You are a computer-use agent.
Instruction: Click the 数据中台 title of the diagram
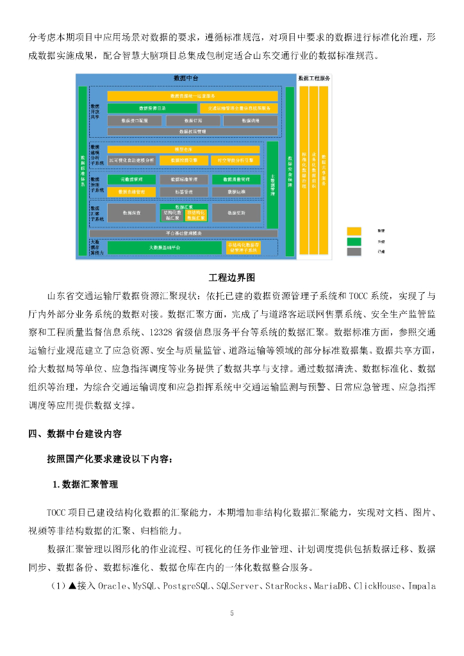[186, 78]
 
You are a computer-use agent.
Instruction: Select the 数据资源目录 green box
[153, 108]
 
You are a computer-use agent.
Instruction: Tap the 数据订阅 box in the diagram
[192, 120]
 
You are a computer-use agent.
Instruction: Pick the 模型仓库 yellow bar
[183, 149]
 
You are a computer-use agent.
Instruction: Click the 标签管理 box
[184, 192]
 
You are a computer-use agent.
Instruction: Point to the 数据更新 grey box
[236, 212]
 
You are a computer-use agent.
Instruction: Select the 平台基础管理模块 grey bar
[183, 233]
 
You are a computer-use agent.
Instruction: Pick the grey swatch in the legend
[354, 252]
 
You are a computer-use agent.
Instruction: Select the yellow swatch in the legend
[354, 230]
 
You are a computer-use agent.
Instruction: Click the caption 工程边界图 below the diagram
[231, 278]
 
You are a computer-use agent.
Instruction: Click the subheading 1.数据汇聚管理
[86, 485]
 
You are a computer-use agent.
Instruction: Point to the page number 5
[232, 613]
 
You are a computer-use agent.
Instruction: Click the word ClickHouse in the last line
[377, 586]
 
